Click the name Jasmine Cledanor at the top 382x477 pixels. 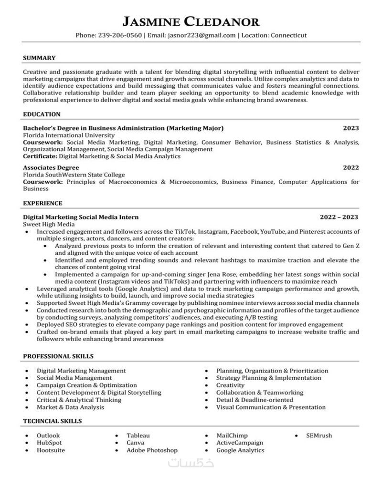point(191,21)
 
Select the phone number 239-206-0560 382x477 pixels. point(120,35)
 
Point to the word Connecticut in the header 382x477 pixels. point(288,35)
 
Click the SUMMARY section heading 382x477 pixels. point(39,58)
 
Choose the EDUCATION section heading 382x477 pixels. point(42,114)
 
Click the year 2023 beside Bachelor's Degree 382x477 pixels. point(351,128)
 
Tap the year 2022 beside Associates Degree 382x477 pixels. point(351,168)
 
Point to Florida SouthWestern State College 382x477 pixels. point(74,175)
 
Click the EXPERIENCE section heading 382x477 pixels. point(42,203)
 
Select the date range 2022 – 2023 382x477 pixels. point(339,217)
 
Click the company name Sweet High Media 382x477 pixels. point(49,224)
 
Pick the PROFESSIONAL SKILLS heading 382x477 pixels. point(58,356)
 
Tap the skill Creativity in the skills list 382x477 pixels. point(230,385)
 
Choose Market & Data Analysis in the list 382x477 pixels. point(70,407)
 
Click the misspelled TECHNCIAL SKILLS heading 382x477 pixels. point(52,421)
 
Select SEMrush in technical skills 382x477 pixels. point(319,436)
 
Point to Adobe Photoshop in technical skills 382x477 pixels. point(152,450)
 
